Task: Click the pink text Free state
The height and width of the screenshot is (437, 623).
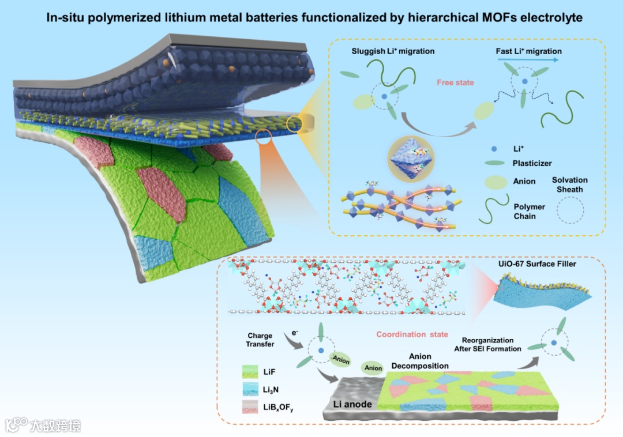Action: (x=455, y=83)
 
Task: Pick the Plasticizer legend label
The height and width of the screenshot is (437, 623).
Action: (x=532, y=164)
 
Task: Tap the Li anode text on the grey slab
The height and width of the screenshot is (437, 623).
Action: (x=352, y=404)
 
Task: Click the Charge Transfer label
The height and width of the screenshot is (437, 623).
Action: (x=260, y=340)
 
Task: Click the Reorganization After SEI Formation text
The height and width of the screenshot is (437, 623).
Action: (x=491, y=345)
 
